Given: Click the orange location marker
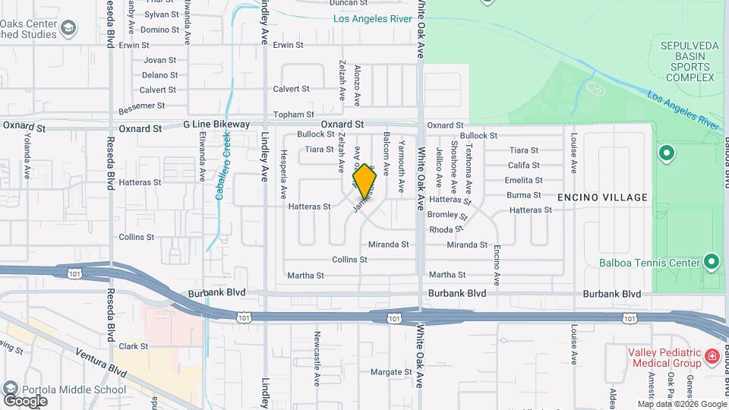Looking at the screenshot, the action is click(365, 182).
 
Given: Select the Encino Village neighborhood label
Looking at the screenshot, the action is click(602, 197).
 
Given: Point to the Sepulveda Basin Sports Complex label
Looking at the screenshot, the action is click(688, 61).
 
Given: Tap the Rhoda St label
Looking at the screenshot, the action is click(446, 229).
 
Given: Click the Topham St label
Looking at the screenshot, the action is click(289, 114).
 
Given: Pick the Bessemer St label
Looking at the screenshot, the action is click(142, 105).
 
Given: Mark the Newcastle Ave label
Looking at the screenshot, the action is click(317, 354).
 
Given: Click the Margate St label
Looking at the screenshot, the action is click(390, 372).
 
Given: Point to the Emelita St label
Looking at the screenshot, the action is click(524, 180).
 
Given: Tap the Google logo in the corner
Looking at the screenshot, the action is click(25, 400).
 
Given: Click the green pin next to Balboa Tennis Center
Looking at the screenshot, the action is click(712, 263).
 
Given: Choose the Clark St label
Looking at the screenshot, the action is click(134, 346).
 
